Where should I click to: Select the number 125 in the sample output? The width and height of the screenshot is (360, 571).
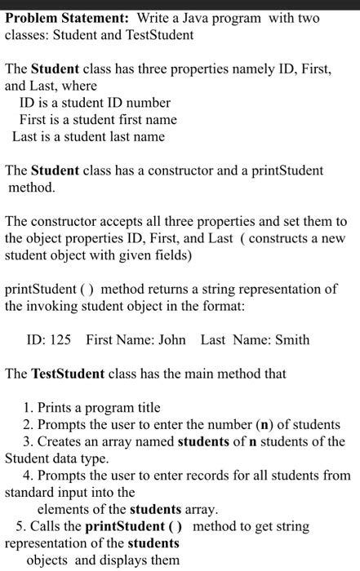click(60, 339)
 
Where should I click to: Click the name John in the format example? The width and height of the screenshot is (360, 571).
click(170, 339)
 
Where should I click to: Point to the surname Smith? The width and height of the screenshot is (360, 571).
click(292, 339)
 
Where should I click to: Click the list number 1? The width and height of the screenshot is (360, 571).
click(29, 408)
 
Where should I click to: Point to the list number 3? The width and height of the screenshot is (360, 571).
click(29, 442)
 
